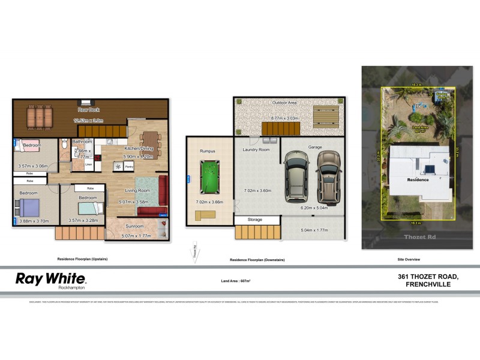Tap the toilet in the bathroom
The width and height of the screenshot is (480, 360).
click(64, 145)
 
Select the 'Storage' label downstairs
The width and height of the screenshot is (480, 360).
click(255, 220)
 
